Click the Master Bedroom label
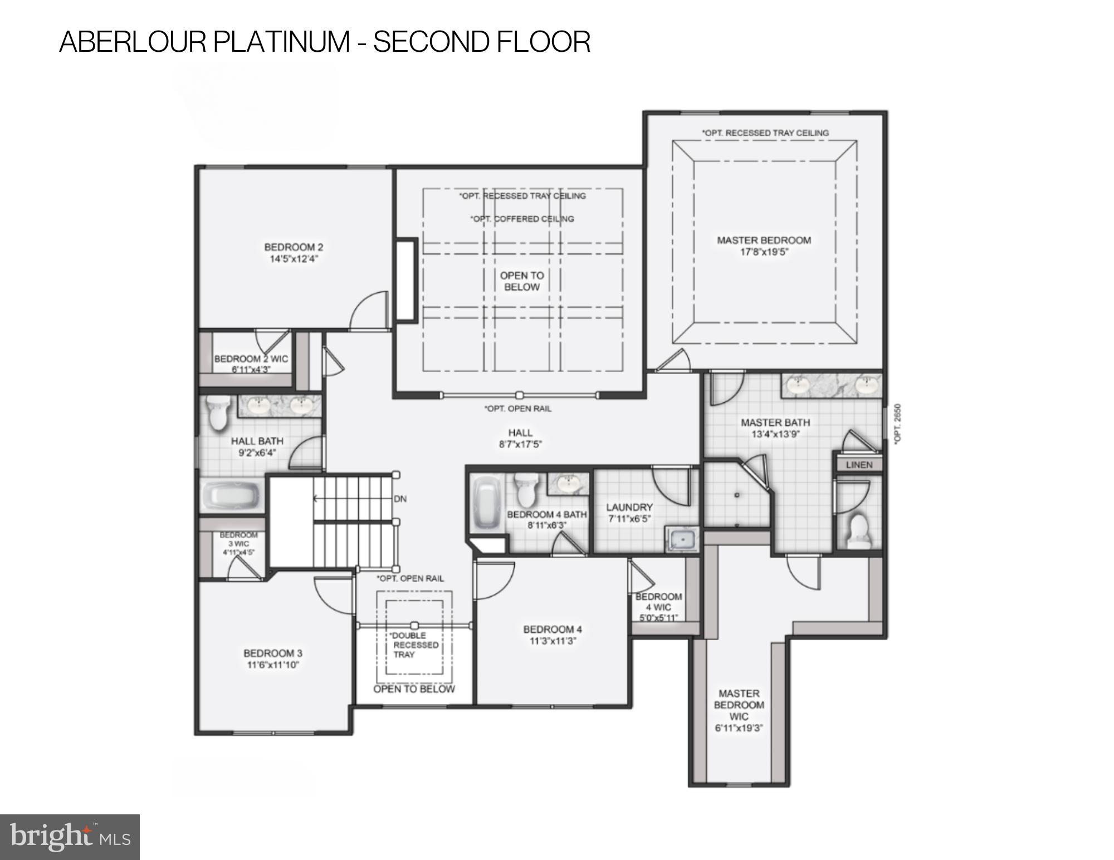click(764, 240)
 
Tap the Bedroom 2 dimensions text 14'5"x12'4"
click(294, 259)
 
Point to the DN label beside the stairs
click(400, 499)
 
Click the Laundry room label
click(629, 507)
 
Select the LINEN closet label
click(859, 464)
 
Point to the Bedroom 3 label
click(272, 653)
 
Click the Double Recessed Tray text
click(414, 645)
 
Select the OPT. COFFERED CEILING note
click(522, 219)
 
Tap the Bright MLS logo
click(70, 837)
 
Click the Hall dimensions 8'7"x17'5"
click(520, 444)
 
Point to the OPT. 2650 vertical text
click(897, 424)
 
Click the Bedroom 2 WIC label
click(251, 359)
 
